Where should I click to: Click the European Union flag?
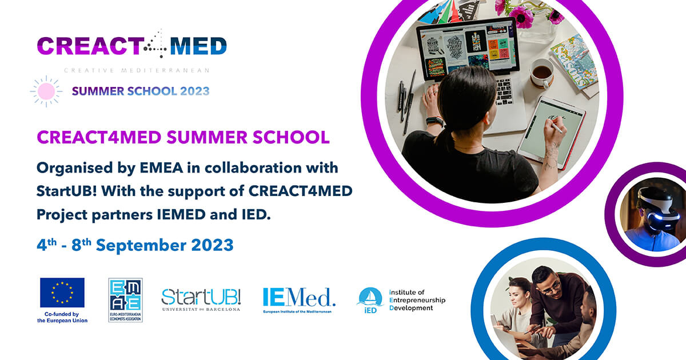tap(62, 293)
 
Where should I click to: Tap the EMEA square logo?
tap(126, 300)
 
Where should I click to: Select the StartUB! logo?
tap(201, 299)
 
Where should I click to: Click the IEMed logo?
tap(299, 300)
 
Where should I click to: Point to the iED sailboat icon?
tap(370, 298)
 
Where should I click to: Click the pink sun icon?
tap(46, 91)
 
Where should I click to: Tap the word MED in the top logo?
tap(198, 46)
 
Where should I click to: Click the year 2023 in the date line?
tap(212, 246)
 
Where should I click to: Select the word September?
tap(141, 246)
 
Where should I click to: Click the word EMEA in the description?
tap(161, 168)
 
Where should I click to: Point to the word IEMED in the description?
tap(181, 214)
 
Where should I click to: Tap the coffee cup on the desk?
tap(542, 74)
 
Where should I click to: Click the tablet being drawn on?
tap(551, 132)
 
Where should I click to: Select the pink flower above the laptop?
tap(521, 17)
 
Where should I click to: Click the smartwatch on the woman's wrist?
tap(434, 121)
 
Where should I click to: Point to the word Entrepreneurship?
tap(417, 300)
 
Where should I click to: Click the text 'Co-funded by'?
tap(62, 314)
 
